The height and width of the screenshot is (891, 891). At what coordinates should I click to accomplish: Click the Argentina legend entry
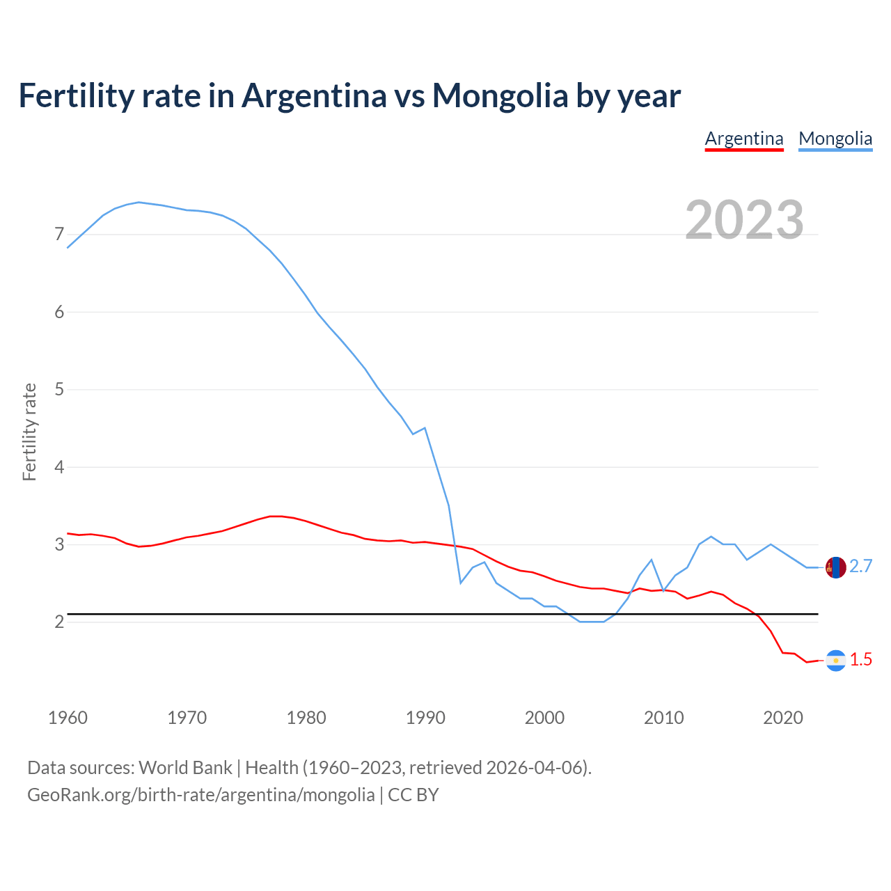point(744,139)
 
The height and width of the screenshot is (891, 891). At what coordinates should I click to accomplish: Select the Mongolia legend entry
point(835,139)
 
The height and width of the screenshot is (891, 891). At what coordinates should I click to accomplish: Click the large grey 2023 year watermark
point(744,220)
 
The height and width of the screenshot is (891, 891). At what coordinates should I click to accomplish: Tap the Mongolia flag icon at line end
point(835,567)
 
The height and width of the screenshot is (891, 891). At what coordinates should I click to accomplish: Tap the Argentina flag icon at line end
point(835,661)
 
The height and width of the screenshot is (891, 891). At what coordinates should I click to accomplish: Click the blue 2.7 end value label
point(861,567)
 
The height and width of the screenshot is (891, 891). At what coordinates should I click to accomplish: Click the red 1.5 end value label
point(861,660)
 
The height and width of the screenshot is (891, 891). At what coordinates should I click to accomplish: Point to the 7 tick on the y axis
point(59,235)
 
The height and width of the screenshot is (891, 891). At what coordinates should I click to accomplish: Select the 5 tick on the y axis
point(59,390)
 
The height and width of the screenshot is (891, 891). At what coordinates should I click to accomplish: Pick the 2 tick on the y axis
point(59,622)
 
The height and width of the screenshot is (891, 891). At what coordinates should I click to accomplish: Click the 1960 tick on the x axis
point(68,718)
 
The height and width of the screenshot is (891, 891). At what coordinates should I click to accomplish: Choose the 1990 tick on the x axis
point(425,718)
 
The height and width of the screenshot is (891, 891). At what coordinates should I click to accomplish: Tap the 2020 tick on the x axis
point(783,718)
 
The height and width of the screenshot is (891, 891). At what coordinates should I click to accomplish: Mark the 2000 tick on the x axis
point(544,718)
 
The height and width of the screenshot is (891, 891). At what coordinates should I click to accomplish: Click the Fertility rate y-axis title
point(29,432)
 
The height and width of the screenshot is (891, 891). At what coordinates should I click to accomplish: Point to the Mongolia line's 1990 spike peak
point(425,427)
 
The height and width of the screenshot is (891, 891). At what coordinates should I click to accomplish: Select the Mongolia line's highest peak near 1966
point(139,202)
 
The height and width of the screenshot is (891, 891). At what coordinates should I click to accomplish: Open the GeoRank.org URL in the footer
point(200,795)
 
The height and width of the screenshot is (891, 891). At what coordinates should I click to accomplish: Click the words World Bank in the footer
point(185,768)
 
